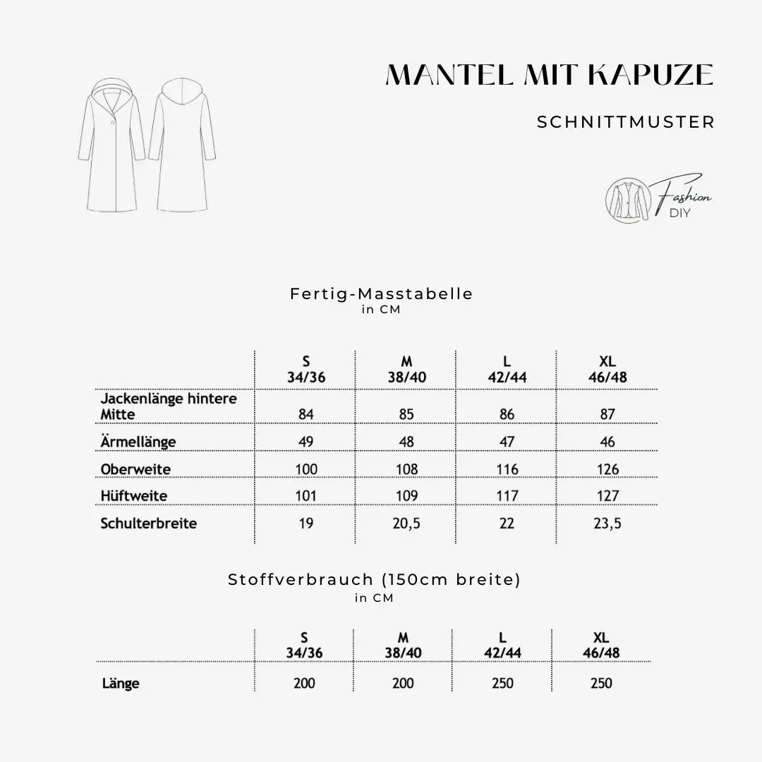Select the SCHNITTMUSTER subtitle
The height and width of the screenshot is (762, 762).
click(626, 122)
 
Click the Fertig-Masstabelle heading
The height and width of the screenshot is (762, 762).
click(381, 294)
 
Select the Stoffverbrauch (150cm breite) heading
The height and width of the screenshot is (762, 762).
click(374, 579)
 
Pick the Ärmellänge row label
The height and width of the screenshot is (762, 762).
click(138, 442)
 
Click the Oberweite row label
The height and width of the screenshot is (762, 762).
click(136, 469)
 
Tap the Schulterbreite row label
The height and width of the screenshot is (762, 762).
click(149, 524)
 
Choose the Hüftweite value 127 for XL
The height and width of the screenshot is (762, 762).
click(607, 496)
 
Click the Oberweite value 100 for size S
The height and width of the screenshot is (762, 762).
click(306, 469)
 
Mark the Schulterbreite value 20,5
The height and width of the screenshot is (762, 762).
click(406, 524)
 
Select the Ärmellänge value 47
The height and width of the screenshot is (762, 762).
click(507, 442)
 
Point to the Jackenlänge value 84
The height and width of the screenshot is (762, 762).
click(306, 414)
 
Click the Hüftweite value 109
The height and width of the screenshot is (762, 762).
click(406, 496)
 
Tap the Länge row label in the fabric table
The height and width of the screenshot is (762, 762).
click(121, 683)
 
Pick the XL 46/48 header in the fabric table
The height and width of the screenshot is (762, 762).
click(601, 646)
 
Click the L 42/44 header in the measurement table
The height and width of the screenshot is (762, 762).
click(507, 370)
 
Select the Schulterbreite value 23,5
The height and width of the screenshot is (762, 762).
click(607, 524)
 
